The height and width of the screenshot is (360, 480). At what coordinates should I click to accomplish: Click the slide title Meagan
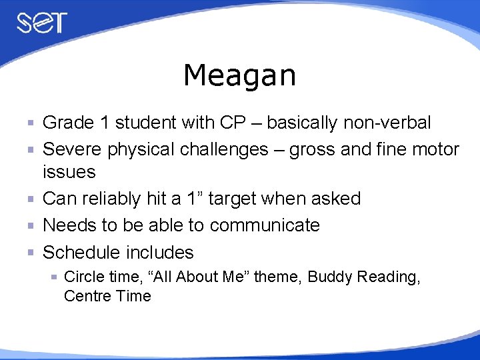[x=239, y=75]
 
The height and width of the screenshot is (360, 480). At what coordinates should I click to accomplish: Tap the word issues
[x=69, y=172]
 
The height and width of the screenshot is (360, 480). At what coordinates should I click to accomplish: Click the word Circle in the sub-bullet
[x=81, y=277]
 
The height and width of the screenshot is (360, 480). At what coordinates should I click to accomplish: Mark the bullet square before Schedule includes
[x=31, y=253]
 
